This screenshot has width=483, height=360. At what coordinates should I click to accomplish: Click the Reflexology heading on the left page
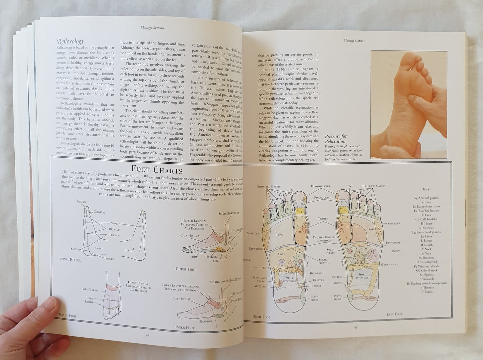(71, 42)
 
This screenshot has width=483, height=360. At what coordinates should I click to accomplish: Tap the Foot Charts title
(156, 170)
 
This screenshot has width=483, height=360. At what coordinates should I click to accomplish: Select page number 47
(356, 327)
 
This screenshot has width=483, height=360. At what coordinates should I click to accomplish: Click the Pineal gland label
(323, 197)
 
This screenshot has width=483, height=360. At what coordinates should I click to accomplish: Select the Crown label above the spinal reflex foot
(81, 202)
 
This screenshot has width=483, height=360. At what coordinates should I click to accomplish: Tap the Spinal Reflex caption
(70, 259)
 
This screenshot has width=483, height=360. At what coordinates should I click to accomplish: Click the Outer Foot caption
(186, 269)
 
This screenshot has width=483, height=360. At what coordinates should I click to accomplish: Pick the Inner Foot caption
(185, 327)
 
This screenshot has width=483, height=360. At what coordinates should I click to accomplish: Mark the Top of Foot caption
(67, 314)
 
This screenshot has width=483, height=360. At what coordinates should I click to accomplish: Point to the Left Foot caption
(394, 314)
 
